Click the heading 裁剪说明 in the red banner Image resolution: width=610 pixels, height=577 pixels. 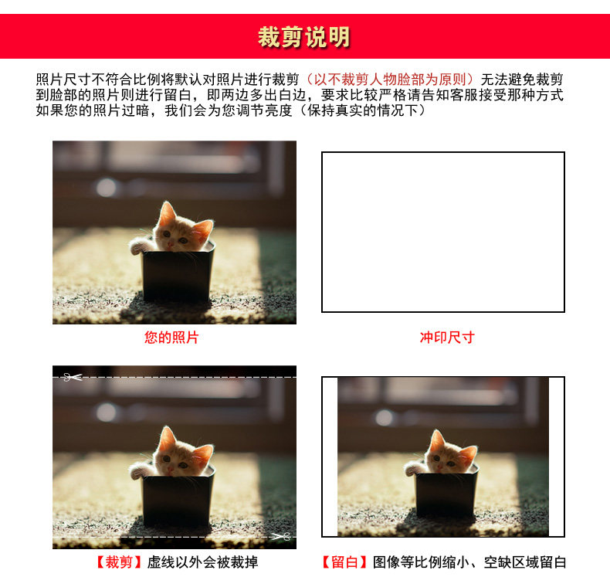pyautogui.click(x=303, y=37)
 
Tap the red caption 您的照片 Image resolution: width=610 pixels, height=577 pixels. pyautogui.click(x=171, y=337)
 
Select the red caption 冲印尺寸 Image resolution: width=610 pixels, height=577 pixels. pyautogui.click(x=447, y=337)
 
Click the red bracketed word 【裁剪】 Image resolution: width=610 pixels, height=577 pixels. pyautogui.click(x=119, y=562)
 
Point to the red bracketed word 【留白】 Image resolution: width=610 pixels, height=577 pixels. pyautogui.click(x=344, y=562)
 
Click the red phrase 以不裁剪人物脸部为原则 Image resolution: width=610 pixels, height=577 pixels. pyautogui.click(x=390, y=80)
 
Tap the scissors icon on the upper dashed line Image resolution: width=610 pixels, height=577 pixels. pyautogui.click(x=73, y=377)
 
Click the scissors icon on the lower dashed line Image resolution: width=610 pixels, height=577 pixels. pyautogui.click(x=281, y=537)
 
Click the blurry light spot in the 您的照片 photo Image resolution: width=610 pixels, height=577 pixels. pyautogui.click(x=106, y=188)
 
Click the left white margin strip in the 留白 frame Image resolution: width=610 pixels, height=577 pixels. pyautogui.click(x=330, y=457)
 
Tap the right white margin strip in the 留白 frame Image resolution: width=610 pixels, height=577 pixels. pyautogui.click(x=556, y=457)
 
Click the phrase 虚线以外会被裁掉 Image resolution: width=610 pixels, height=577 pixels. pyautogui.click(x=202, y=562)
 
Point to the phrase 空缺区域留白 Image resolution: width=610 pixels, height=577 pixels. pyautogui.click(x=525, y=562)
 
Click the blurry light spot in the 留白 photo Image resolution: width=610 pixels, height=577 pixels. pyautogui.click(x=384, y=417)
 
